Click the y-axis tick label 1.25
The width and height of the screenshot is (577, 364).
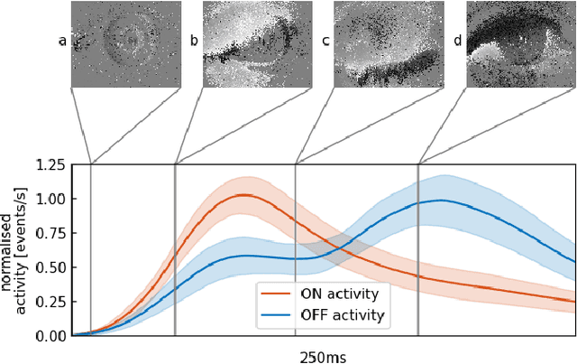click(x=49, y=164)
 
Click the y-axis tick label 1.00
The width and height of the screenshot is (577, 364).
click(x=49, y=199)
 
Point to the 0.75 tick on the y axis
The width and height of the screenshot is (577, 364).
click(x=49, y=233)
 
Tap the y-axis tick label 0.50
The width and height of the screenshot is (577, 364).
click(x=49, y=267)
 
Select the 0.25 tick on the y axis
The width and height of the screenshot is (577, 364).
click(x=49, y=302)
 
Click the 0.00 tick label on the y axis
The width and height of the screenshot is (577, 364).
click(x=49, y=335)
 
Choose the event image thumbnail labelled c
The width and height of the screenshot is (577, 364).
click(x=384, y=44)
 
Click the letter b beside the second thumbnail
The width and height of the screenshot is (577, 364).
click(x=194, y=42)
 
